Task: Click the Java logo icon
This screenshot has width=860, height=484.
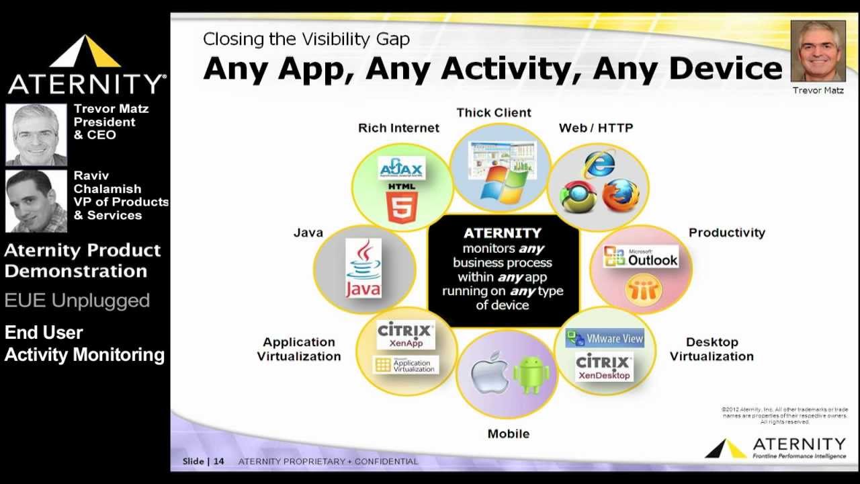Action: point(363,269)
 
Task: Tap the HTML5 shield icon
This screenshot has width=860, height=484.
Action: point(402,206)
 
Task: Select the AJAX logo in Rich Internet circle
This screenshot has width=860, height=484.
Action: point(401,168)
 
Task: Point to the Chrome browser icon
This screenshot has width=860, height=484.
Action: point(578,197)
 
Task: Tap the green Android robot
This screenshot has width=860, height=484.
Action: point(531,374)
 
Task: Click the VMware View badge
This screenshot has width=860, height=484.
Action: point(605,338)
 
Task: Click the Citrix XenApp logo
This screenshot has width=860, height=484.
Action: point(406,335)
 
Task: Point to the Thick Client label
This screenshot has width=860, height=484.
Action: point(494,113)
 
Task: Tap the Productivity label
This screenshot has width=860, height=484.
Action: point(726,233)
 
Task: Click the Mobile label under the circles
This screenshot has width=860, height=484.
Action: point(509,434)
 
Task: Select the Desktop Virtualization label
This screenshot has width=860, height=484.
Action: point(712,350)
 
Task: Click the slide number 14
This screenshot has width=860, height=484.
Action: point(219,461)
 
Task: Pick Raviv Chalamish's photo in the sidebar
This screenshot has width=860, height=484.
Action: point(36,200)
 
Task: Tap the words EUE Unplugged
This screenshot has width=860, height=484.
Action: point(77,300)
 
